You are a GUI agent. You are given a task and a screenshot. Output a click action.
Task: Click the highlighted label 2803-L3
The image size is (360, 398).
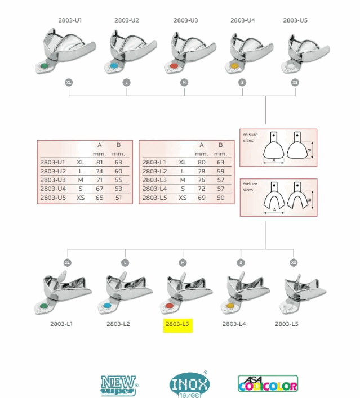178,324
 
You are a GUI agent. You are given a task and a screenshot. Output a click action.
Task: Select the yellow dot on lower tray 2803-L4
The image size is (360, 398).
230,306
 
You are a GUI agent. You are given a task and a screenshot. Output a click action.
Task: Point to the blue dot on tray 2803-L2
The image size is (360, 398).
108,306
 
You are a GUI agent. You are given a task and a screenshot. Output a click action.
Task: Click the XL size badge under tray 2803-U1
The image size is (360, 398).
69,82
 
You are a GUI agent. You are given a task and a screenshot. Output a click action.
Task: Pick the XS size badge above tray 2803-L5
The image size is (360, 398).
294,262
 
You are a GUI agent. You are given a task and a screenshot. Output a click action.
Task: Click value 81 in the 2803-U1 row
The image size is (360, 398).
99,162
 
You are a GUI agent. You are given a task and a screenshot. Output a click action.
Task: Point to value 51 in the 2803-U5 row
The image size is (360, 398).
118,198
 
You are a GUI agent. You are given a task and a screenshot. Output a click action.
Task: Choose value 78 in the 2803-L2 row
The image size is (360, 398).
201,171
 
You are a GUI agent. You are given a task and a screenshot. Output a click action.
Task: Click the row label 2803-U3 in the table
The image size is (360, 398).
53,180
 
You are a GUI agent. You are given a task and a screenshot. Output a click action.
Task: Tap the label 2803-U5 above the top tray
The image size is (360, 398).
295,20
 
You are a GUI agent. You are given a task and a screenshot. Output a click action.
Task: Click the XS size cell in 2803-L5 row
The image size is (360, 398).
182,198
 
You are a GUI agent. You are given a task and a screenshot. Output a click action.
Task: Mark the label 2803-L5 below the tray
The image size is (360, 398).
287,324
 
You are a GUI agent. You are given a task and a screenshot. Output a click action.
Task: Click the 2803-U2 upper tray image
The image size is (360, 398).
127,51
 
